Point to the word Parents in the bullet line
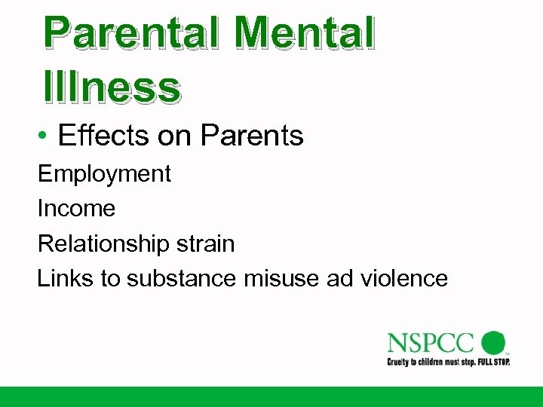(x=252, y=136)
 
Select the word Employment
(x=104, y=174)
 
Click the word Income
(x=76, y=208)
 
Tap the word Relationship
(x=103, y=243)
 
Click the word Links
(x=66, y=278)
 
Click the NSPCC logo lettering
(x=431, y=343)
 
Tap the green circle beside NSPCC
(x=493, y=342)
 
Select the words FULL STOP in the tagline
(x=492, y=362)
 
